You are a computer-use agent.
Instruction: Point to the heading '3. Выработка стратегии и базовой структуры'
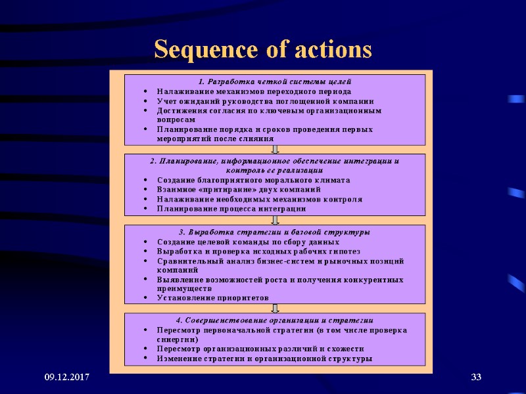pyautogui.click(x=275, y=232)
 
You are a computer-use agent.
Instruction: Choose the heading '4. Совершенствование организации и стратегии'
pyautogui.click(x=275, y=320)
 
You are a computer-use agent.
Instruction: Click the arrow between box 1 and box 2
pyautogui.click(x=275, y=150)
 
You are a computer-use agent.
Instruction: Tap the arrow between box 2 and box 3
pyautogui.click(x=275, y=219)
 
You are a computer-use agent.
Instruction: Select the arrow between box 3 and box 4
pyautogui.click(x=275, y=308)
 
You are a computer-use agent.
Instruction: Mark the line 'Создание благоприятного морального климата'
pyautogui.click(x=254, y=180)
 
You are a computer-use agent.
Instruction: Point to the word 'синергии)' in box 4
pyautogui.click(x=178, y=339)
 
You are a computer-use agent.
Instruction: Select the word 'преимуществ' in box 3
pyautogui.click(x=185, y=288)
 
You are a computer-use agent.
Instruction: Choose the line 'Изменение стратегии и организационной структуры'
pyautogui.click(x=265, y=359)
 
